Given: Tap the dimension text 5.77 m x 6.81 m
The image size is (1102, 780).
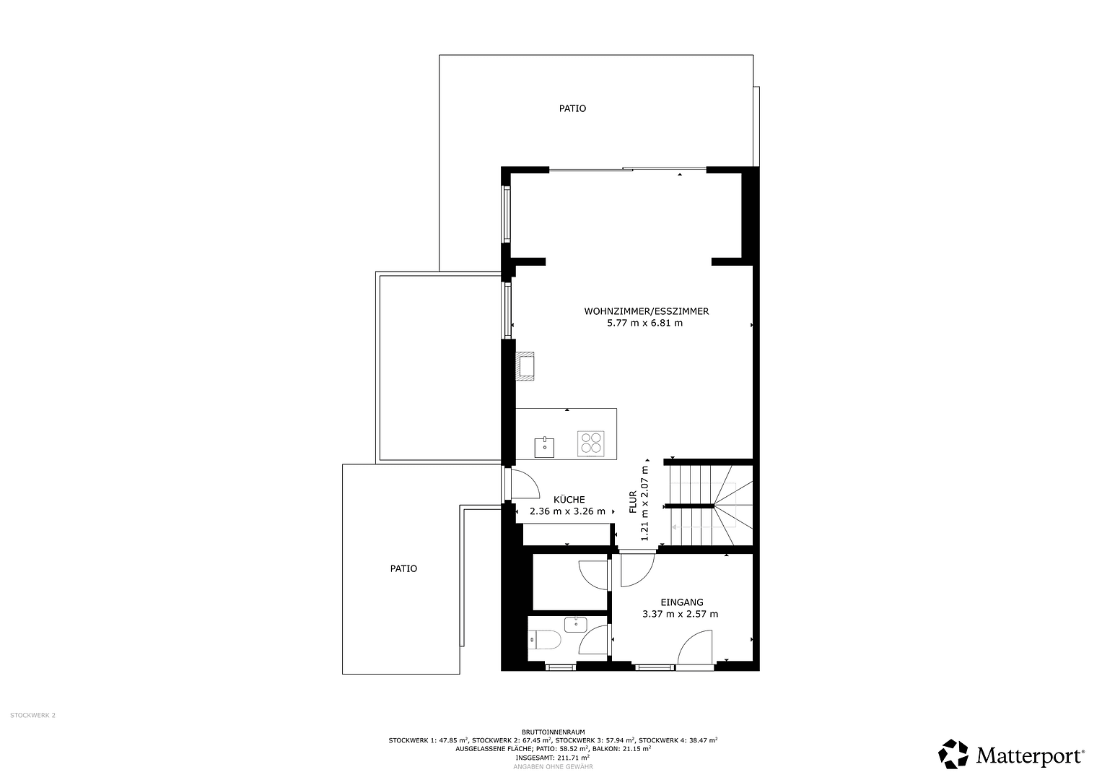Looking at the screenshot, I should tap(644, 324).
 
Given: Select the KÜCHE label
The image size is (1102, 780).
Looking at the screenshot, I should tap(569, 500).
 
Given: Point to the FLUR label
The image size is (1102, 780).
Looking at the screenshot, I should tap(633, 502).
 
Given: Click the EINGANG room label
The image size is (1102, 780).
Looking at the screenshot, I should tap(681, 602).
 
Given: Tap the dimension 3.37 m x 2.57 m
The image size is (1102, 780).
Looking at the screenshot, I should tap(680, 615).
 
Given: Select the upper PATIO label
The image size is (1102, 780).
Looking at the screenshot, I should tap(572, 109).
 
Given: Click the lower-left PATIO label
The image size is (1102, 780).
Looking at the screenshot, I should tap(403, 569).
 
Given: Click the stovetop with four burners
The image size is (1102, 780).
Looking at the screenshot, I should tap(590, 443).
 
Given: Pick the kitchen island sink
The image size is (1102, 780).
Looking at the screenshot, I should tap(544, 447).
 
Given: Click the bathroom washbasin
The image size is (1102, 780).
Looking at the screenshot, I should tap(575, 623).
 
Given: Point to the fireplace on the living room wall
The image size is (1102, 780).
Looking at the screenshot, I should tap(525, 365).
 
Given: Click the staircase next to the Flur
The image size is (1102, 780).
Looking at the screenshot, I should tap(709, 506).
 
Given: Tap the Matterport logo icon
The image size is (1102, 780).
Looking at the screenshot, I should tap(953, 755).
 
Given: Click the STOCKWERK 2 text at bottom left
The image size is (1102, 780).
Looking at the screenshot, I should tap(32, 716).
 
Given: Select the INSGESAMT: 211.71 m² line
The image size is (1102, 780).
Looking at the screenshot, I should tap(552, 758).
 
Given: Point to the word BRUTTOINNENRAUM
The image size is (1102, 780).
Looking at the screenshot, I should tap(552, 732).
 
